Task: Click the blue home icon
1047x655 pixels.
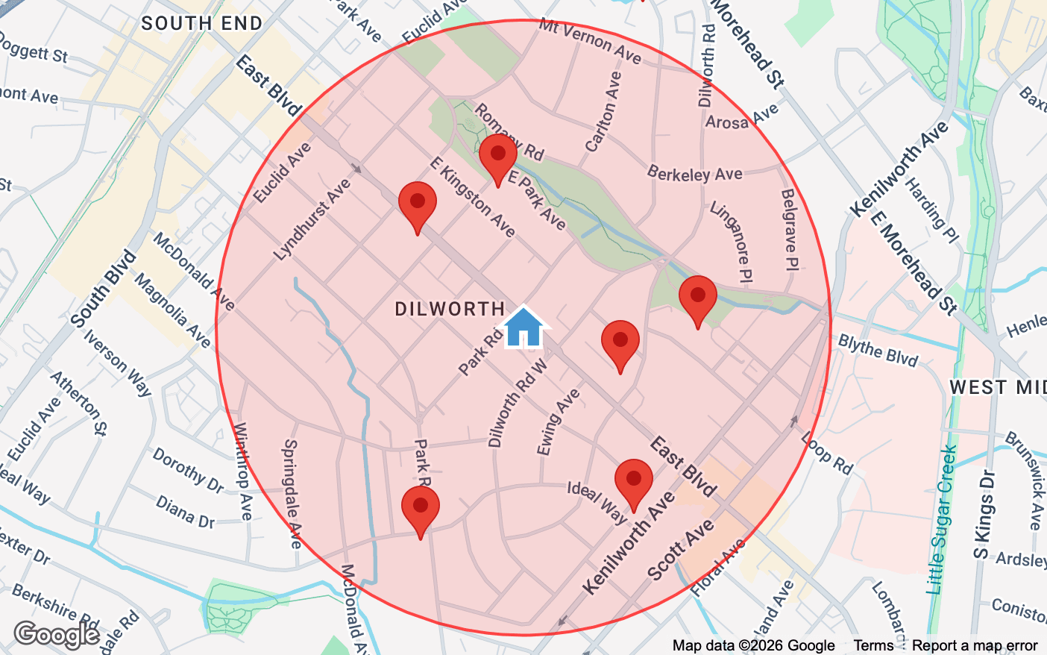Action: click(x=523, y=328)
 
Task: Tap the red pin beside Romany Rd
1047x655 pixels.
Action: click(x=497, y=155)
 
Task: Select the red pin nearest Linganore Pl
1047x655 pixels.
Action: click(x=697, y=297)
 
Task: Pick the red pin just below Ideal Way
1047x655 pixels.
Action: click(x=633, y=480)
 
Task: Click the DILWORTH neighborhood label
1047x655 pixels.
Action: click(x=450, y=309)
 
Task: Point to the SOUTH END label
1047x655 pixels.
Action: click(x=201, y=24)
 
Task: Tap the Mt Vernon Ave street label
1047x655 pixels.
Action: click(x=590, y=40)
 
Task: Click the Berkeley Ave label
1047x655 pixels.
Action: click(x=694, y=174)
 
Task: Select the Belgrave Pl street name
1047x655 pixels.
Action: click(x=789, y=229)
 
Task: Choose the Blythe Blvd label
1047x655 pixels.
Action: click(x=878, y=350)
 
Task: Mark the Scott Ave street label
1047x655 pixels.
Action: click(x=680, y=551)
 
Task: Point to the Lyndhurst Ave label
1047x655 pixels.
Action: click(x=312, y=220)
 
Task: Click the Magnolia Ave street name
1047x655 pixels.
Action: click(x=172, y=309)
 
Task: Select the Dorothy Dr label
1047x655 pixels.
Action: click(x=188, y=470)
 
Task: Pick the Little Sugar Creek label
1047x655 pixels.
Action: click(x=941, y=520)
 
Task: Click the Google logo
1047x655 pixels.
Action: click(x=57, y=635)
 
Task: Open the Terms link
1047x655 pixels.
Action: click(x=873, y=645)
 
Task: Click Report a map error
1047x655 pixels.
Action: click(x=975, y=645)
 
